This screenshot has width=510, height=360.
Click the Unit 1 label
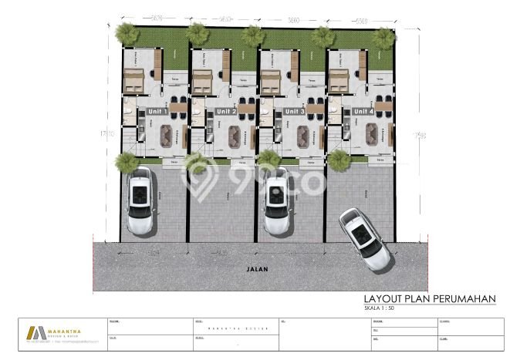[x=157, y=112]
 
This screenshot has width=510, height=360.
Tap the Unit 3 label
[x=294, y=112]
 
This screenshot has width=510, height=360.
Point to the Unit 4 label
[x=363, y=112]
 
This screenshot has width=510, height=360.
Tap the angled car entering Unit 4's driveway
[x=364, y=238]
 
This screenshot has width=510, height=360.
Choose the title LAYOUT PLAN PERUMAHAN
[x=428, y=298]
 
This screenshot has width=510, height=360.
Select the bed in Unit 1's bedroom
[x=133, y=79]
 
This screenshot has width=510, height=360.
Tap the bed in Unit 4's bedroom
[x=339, y=79]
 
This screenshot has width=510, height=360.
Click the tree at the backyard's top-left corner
[x=125, y=33]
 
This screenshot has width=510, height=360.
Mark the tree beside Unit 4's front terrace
[x=339, y=160]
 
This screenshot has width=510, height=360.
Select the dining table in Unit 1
[x=177, y=107]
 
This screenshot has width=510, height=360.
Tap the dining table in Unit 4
[x=383, y=107]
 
